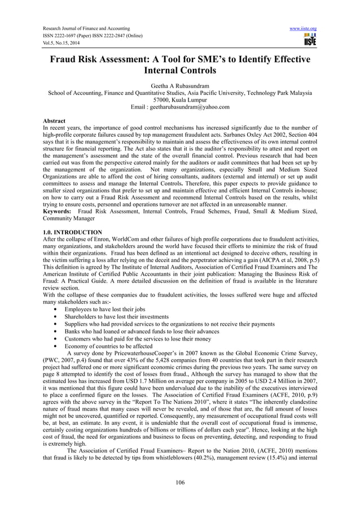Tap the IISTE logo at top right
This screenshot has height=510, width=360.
(x=310, y=39)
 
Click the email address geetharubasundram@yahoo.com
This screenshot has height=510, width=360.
(x=180, y=107)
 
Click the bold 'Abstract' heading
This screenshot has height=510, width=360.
(x=54, y=121)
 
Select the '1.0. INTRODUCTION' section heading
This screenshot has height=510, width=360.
(x=73, y=232)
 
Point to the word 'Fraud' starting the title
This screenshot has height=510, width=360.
(x=67, y=60)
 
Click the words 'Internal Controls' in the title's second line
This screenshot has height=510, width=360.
(x=180, y=72)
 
